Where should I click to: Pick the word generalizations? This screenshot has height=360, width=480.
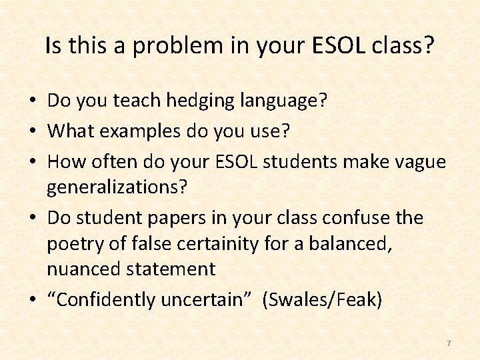tap(117, 187)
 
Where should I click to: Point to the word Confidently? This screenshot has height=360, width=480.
tap(107, 301)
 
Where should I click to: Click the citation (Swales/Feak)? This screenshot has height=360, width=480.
tap(323, 301)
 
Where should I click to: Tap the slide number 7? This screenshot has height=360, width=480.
tap(449, 343)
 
